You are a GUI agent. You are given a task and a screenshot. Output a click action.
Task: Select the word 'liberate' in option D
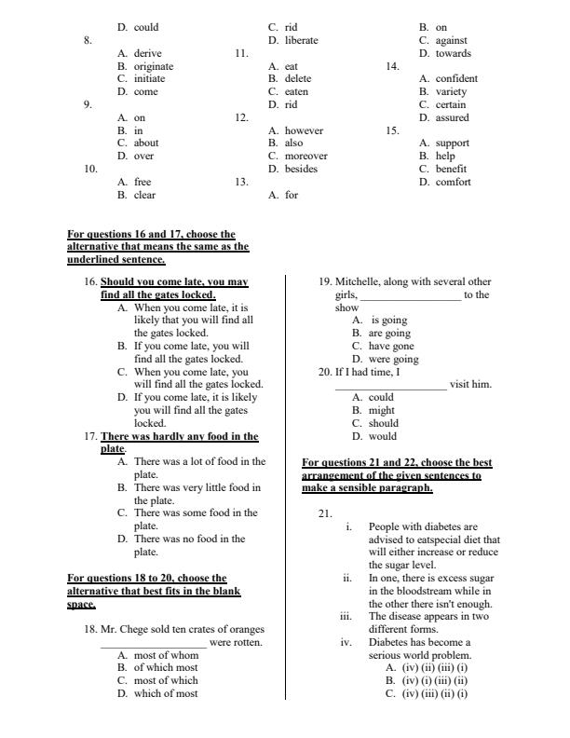[x=301, y=40]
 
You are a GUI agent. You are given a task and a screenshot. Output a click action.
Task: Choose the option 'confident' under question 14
[x=456, y=79]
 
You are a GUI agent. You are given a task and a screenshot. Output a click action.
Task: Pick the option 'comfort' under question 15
[x=453, y=182]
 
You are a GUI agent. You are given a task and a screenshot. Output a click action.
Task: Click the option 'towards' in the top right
[x=453, y=53]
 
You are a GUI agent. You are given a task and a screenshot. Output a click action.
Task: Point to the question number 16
[x=91, y=280]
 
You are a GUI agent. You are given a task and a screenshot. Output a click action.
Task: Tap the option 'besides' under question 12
[x=301, y=169]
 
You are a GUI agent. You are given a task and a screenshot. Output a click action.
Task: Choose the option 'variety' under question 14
[x=451, y=92]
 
